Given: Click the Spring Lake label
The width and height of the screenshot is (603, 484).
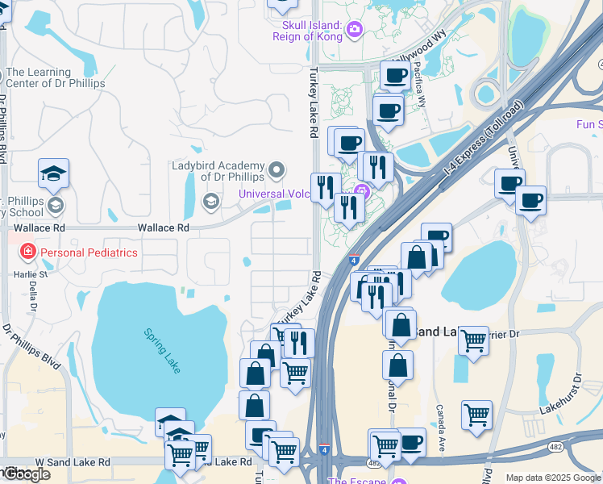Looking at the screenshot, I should pyautogui.click(x=162, y=349).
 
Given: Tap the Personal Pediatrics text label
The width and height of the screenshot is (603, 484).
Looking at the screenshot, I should pyautogui.click(x=89, y=252).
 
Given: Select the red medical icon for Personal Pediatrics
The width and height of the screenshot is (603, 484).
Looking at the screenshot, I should pyautogui.click(x=28, y=252).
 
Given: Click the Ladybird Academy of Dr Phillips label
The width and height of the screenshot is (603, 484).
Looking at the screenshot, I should pyautogui.click(x=218, y=171).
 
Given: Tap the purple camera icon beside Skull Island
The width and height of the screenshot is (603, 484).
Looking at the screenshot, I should pyautogui.click(x=354, y=31).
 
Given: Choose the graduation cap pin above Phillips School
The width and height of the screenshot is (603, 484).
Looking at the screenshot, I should pyautogui.click(x=53, y=173).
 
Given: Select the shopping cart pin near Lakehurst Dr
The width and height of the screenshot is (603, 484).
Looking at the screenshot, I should pyautogui.click(x=476, y=415).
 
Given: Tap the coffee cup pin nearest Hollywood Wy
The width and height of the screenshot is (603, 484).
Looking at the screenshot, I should pyautogui.click(x=395, y=76).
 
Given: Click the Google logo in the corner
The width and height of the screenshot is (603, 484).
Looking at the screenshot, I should pyautogui.click(x=26, y=474).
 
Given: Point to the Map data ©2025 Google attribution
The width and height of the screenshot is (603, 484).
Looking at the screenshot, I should pyautogui.click(x=552, y=478).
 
